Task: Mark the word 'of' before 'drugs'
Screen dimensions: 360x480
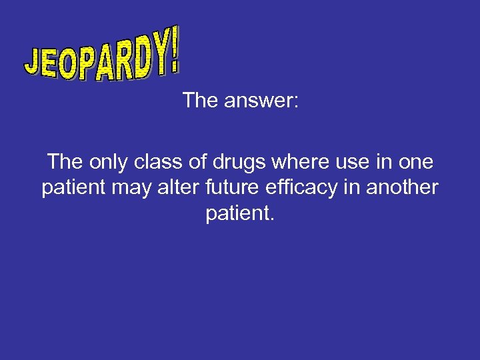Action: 195,162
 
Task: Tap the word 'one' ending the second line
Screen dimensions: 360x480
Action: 414,162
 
